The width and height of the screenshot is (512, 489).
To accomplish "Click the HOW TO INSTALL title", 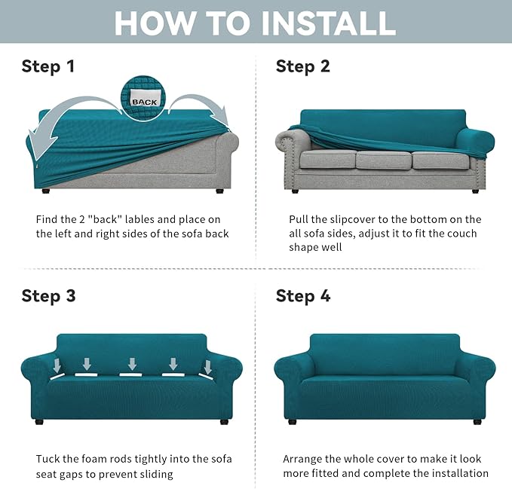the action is (x=255, y=23).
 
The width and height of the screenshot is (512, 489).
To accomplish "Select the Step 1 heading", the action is (x=48, y=66).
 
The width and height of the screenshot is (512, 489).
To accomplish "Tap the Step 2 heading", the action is (x=302, y=66).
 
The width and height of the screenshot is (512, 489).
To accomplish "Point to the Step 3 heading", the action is (x=48, y=296).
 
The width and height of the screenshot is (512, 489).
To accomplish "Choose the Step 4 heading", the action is (x=303, y=296).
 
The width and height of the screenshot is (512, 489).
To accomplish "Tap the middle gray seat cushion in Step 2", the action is (x=383, y=160).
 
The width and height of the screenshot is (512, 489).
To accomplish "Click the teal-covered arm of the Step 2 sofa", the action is (x=476, y=141).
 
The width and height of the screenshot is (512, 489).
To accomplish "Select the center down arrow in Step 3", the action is (x=132, y=364).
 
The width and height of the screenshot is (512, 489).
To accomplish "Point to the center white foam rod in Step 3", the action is (x=130, y=374).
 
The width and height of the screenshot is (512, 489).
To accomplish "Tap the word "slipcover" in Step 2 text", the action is (x=353, y=220).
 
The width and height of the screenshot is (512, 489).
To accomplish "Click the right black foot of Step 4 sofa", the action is (x=477, y=422).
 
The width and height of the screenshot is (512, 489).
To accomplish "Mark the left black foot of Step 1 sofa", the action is (x=46, y=191).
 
